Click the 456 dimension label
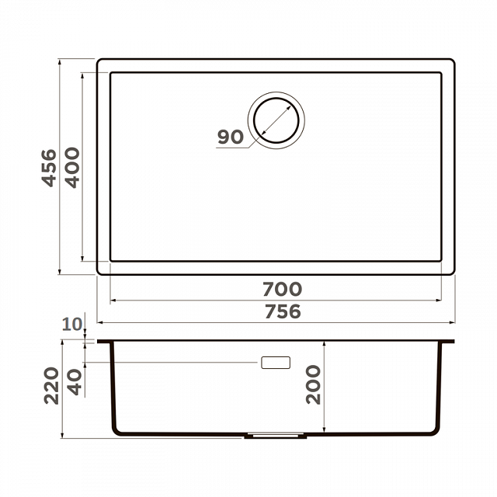click(49, 168)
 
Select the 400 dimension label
click(72, 168)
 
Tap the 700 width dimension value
click(282, 289)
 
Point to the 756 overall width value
click(283, 311)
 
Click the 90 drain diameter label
click(231, 137)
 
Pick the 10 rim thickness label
click(72, 325)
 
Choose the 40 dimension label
click(75, 383)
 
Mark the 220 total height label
click(51, 385)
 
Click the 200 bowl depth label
click(313, 384)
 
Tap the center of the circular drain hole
click(276, 120)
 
